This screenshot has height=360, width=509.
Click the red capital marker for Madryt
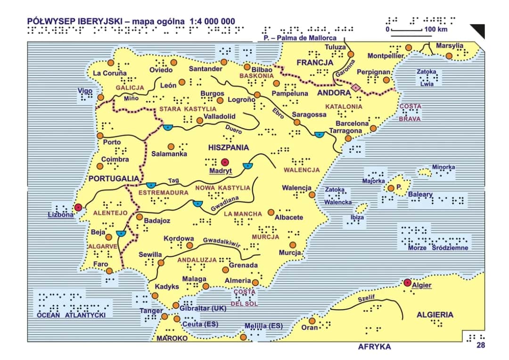click(x=224, y=162)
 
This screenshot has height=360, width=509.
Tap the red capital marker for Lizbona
click(x=78, y=207)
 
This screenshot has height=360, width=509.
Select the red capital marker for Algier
click(x=408, y=282)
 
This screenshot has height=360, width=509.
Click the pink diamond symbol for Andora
click(x=356, y=87)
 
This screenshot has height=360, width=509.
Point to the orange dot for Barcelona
click(x=373, y=128)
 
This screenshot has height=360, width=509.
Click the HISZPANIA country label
click(x=228, y=147)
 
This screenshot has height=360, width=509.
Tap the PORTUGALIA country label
click(x=114, y=179)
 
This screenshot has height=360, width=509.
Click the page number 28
click(x=480, y=345)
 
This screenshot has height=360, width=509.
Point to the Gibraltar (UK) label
click(x=203, y=309)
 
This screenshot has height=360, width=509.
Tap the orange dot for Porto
click(x=100, y=135)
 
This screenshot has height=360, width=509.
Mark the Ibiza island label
click(x=357, y=217)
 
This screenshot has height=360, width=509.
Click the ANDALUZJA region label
click(x=197, y=260)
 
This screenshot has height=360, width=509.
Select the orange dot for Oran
click(x=312, y=321)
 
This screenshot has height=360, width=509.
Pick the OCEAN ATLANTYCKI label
click(x=71, y=315)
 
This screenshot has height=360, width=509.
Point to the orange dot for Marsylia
click(x=449, y=56)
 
